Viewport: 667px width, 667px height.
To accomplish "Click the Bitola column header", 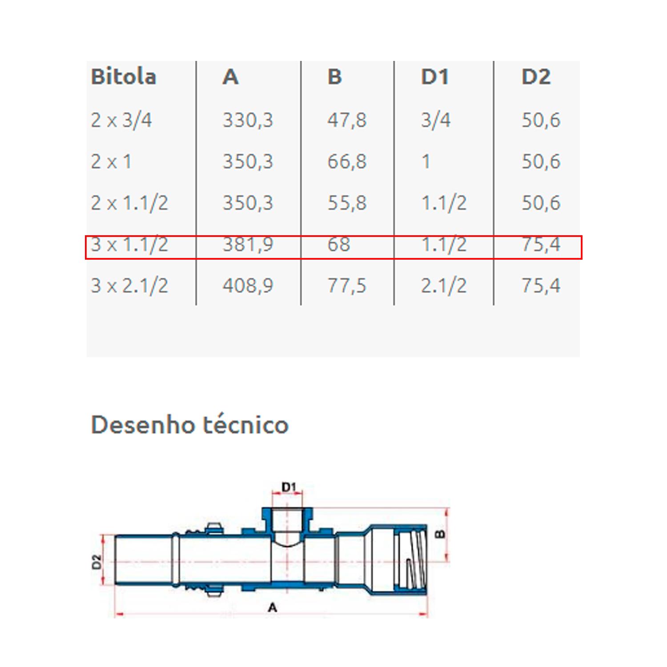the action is pos(124,76).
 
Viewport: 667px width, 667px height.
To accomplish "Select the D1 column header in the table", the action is pos(435,76).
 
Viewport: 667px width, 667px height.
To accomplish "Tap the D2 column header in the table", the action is pos(536,76).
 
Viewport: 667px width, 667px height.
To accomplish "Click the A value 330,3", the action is pos(248,120).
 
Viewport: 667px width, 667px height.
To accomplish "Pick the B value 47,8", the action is pos(347,120).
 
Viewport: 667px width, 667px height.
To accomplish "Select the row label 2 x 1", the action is pos(111,161).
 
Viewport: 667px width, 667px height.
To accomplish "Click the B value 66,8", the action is pos(347,161).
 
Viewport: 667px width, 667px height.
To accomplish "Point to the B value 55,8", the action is pos(347,203).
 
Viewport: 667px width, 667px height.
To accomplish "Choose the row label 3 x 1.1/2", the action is pos(129,244).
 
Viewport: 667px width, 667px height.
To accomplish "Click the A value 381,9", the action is pos(248,244).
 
